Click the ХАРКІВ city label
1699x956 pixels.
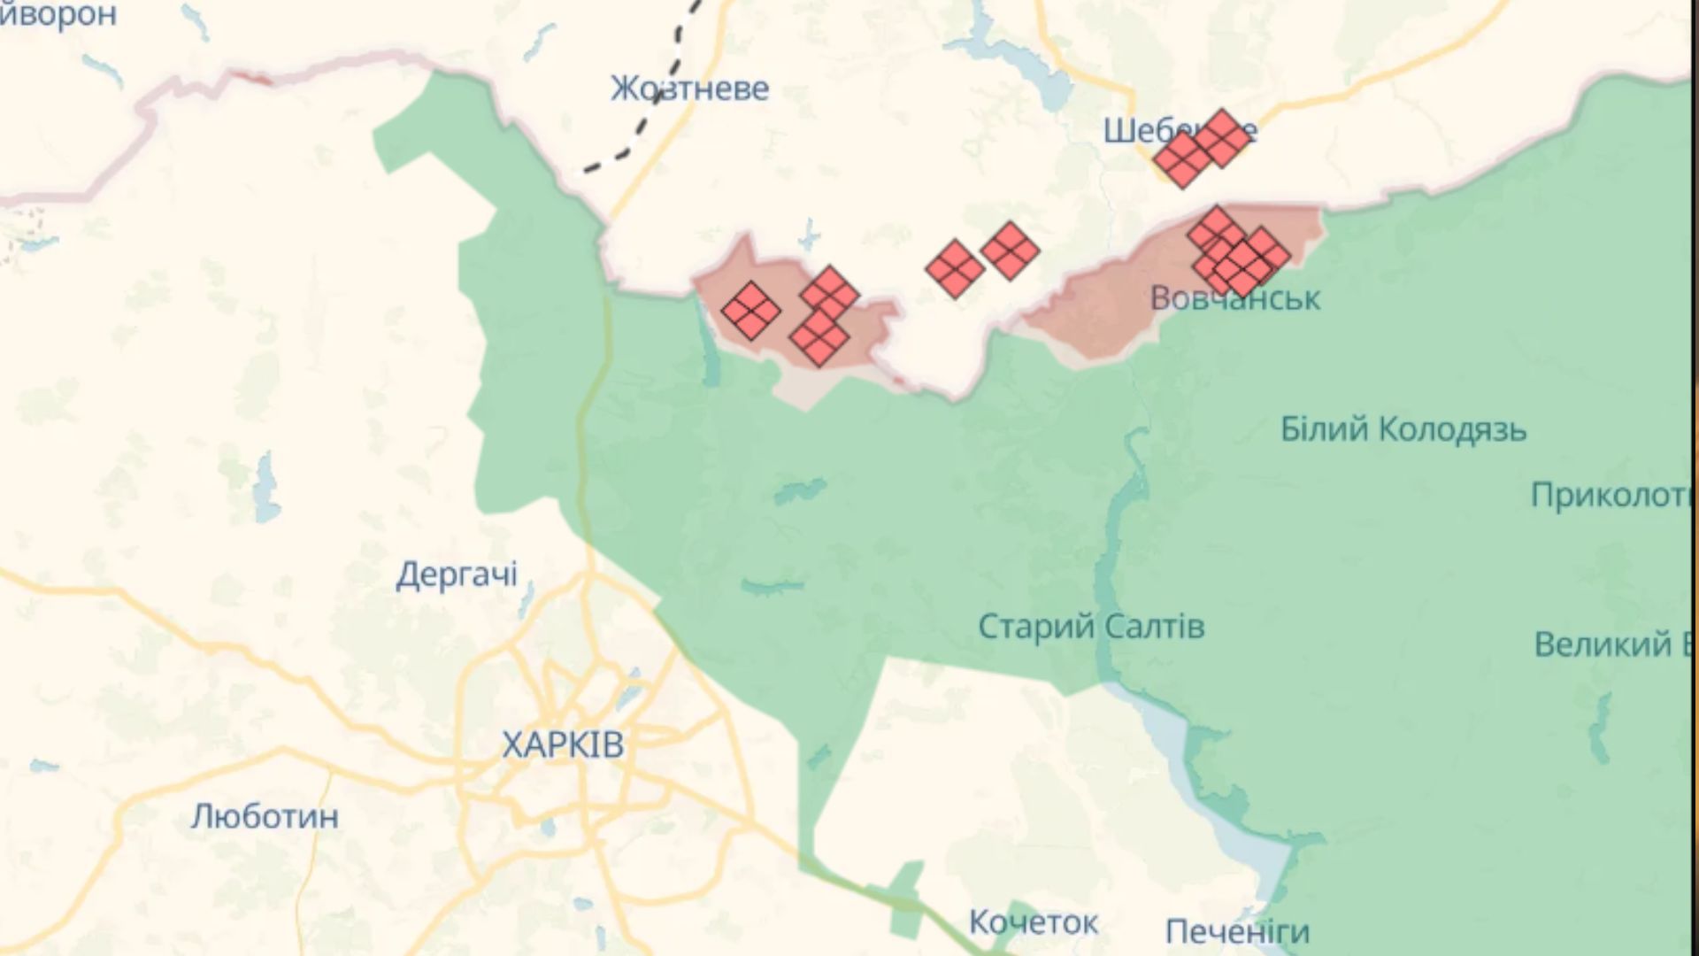[x=563, y=744]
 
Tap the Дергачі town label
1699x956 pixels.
[x=456, y=574]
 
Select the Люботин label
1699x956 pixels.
[x=265, y=815]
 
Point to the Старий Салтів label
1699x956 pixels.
[x=1091, y=627]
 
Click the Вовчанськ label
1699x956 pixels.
[x=1234, y=298]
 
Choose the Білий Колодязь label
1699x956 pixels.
[x=1403, y=429]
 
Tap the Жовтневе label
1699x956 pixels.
[x=689, y=89]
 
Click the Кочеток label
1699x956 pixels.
[x=1033, y=922]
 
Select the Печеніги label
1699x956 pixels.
[x=1237, y=931]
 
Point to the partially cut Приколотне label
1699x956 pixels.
[x=1611, y=495]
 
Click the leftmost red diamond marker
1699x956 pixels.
[x=751, y=311]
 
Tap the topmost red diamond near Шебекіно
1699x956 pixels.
[x=1223, y=138]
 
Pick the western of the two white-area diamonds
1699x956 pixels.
[x=955, y=268]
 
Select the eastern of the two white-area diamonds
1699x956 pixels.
[x=1010, y=251]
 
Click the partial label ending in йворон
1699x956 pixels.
[x=58, y=14]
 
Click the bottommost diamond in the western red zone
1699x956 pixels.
[x=819, y=337]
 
